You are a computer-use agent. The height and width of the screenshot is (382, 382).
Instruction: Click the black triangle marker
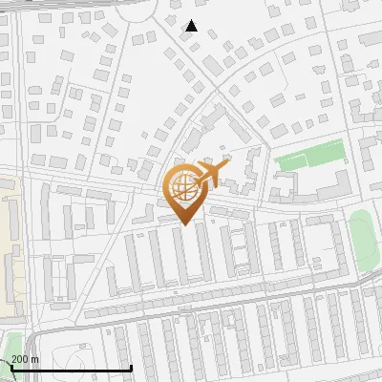coord(191,26)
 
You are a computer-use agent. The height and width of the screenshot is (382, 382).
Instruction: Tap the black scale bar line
coord(72,368)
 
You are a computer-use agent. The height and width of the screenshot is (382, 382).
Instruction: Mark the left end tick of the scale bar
coord(11,368)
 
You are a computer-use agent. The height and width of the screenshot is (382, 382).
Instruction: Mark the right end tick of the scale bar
coord(131,368)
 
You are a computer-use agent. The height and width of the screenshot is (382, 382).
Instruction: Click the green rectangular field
coord(309,156)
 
